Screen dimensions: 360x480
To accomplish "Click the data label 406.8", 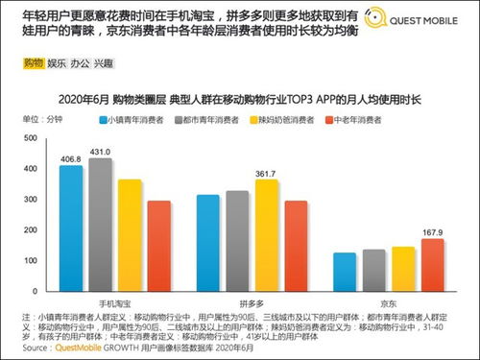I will tap(70, 158).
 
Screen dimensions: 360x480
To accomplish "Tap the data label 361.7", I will tap(267, 173).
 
